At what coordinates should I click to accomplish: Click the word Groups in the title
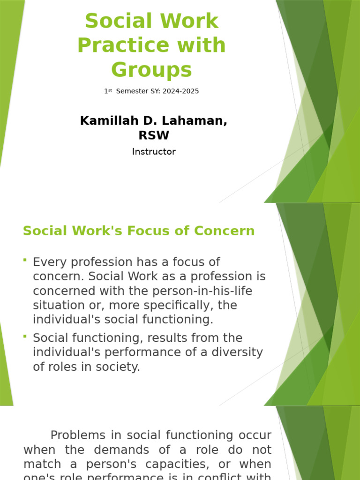click(151, 70)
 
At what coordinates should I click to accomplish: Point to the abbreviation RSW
click(153, 135)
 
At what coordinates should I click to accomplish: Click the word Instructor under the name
click(154, 151)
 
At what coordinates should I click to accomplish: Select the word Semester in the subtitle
click(133, 91)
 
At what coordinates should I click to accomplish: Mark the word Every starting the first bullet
click(49, 262)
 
